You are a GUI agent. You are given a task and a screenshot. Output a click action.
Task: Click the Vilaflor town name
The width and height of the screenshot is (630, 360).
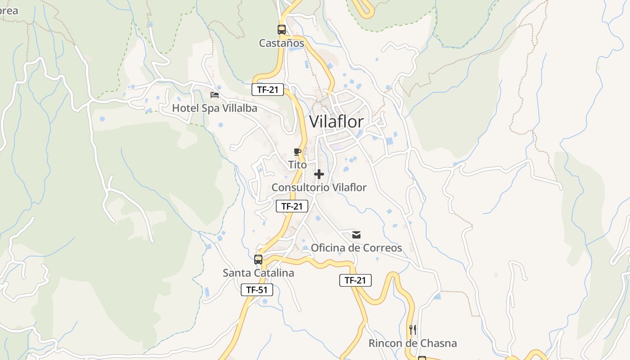coord(337,121)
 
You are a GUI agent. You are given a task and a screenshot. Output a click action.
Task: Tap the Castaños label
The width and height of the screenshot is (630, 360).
coord(281,43)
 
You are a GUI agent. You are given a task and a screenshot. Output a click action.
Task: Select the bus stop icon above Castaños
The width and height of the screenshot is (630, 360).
coord(282,30)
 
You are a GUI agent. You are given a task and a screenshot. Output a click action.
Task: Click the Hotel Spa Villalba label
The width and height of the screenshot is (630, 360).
coord(215,108)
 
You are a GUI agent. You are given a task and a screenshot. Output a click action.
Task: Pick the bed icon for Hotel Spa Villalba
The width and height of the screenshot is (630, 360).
coord(215,94)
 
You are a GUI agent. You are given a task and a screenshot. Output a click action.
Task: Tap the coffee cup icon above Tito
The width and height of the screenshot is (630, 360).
coord(297,152)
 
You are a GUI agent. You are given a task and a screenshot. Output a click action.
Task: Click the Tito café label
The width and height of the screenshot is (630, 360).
coord(297,165)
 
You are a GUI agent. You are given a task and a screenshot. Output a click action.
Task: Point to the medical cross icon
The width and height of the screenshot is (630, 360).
coord(319,174)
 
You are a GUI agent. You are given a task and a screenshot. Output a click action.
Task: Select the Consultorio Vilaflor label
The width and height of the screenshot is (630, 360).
coord(319,187)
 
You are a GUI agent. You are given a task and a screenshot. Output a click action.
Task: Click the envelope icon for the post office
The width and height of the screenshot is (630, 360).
coord(356,234)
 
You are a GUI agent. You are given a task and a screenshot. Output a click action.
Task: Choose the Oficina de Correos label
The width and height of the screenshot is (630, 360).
coord(356,247)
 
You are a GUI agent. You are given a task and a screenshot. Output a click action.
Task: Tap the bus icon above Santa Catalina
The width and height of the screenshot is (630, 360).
coord(258,260)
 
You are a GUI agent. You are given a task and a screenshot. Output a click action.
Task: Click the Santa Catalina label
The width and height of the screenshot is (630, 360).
coord(258,273)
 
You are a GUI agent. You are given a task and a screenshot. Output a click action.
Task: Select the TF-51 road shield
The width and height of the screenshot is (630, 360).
coord(257,290)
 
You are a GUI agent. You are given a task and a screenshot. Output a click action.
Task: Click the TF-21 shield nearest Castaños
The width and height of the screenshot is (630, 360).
coord(267,90)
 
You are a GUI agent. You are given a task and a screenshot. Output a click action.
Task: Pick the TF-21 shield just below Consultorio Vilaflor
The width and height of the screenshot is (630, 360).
coord(292,206)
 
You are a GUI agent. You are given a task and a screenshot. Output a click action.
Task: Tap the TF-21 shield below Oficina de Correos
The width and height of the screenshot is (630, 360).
coord(355,280)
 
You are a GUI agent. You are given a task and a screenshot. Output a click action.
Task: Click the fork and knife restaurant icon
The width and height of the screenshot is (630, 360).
coord(413,330)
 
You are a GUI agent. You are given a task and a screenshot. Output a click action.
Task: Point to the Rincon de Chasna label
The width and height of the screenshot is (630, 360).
coord(413,343)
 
